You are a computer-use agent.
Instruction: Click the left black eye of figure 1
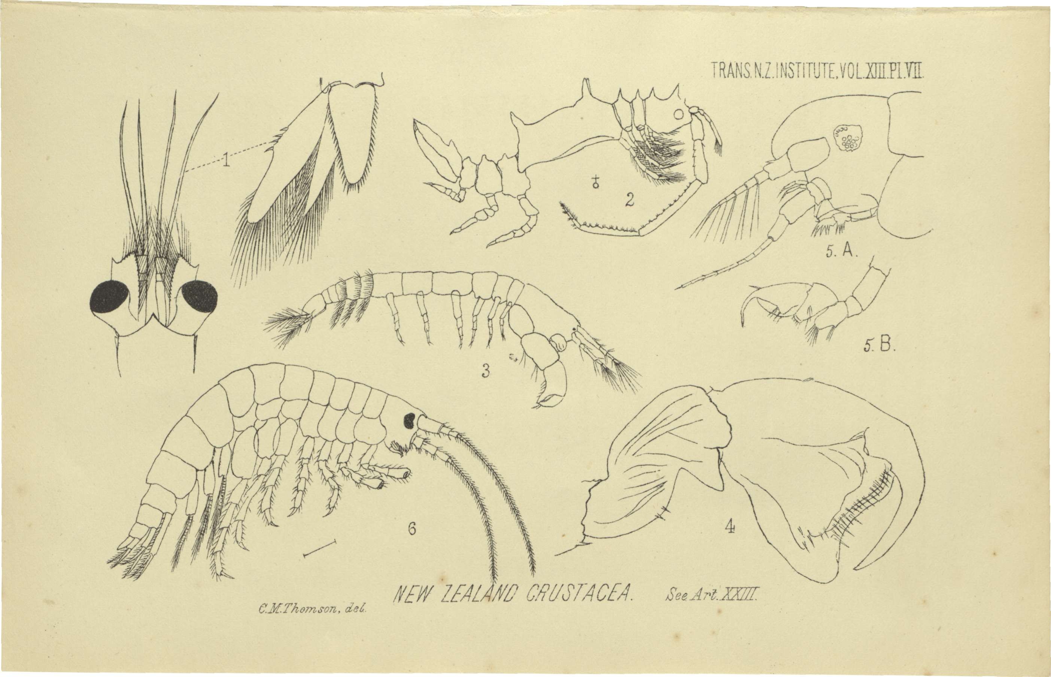pos(109,298)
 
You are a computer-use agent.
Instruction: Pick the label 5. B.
pos(879,346)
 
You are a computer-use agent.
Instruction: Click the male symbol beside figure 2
pos(596,182)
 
